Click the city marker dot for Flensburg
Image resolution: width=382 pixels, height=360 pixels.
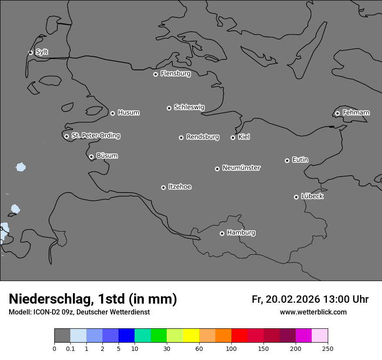(155, 74)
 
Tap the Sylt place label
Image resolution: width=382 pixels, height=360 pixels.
(42, 52)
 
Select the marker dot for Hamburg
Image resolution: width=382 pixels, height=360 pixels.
(222, 233)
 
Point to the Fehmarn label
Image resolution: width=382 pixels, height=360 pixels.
(356, 113)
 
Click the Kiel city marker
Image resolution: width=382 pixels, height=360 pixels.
(233, 137)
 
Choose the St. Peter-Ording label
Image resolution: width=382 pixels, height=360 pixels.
(95, 135)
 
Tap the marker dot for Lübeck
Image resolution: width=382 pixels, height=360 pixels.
(296, 197)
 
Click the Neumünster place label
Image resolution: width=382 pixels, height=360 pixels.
(241, 168)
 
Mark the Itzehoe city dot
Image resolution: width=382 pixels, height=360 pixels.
(163, 187)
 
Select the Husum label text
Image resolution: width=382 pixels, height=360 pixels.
(128, 113)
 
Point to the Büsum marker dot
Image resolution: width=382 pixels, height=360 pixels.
(91, 157)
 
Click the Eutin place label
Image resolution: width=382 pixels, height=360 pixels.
(300, 160)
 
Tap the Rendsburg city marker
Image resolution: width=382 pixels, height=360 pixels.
(181, 137)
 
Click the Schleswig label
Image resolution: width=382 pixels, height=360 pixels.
(189, 107)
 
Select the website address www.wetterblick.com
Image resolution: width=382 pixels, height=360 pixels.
(313, 312)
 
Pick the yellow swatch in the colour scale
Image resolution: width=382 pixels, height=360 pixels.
(191, 336)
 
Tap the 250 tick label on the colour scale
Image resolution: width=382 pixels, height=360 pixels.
(327, 348)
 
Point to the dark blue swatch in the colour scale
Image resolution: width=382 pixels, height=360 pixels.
(126, 336)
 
